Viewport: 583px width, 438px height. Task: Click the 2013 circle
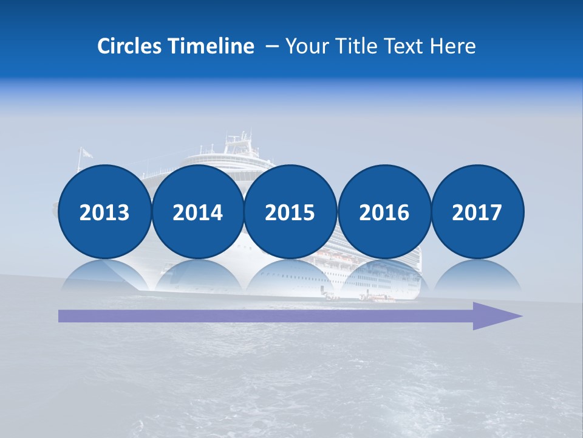click(x=104, y=212)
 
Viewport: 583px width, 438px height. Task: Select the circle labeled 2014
click(x=197, y=212)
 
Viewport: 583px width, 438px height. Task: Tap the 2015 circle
click(x=290, y=212)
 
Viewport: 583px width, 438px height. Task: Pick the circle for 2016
click(x=384, y=212)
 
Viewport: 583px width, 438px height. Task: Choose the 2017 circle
click(x=477, y=212)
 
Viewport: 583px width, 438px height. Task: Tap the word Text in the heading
click(x=407, y=46)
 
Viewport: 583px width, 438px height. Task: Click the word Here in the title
click(x=454, y=46)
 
